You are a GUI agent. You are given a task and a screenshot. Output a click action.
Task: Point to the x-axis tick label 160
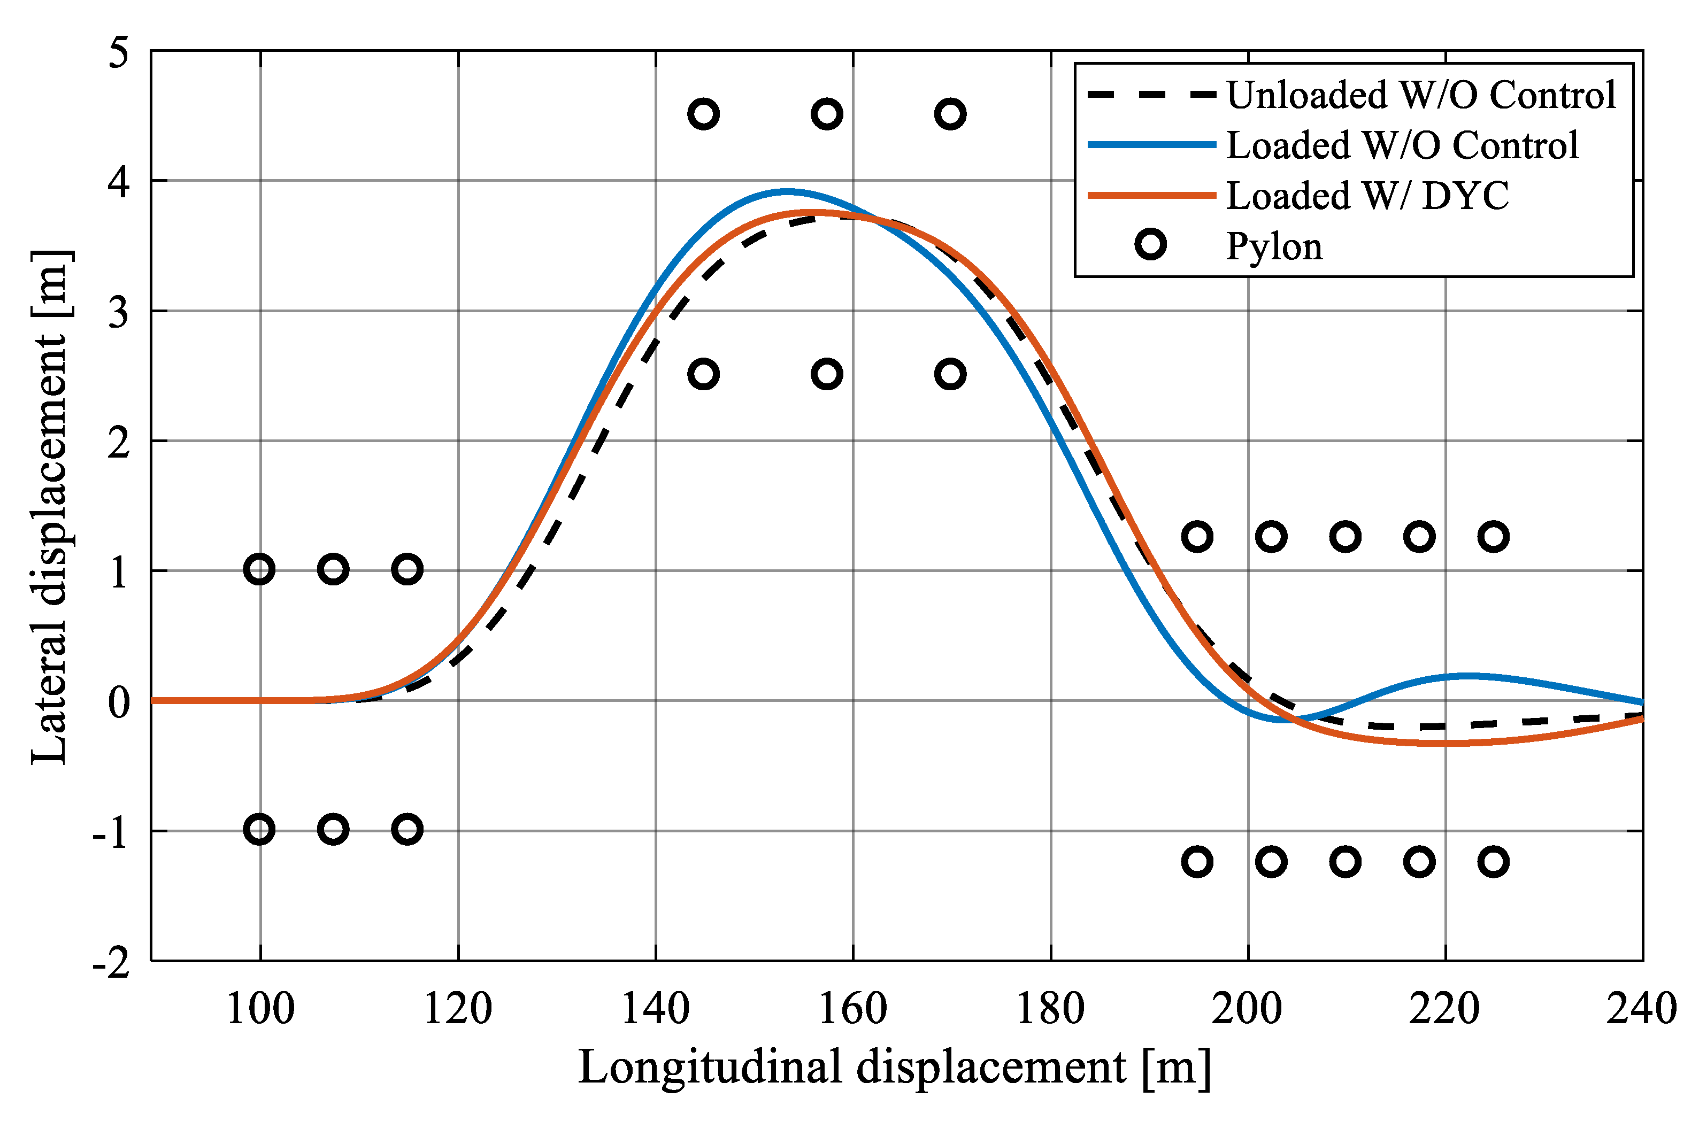tap(852, 1009)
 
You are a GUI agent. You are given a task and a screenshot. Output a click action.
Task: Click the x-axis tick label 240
tap(1642, 1009)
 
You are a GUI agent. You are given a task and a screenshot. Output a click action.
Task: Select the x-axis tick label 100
tap(260, 1009)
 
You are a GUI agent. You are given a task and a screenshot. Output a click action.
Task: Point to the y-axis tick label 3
tap(119, 312)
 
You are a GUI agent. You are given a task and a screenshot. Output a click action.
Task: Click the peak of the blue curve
tap(787, 191)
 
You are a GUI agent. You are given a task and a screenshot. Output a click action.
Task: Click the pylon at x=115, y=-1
tap(408, 829)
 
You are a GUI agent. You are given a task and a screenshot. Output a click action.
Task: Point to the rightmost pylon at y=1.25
tap(1493, 536)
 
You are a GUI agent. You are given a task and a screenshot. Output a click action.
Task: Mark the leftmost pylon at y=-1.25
tap(1197, 862)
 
